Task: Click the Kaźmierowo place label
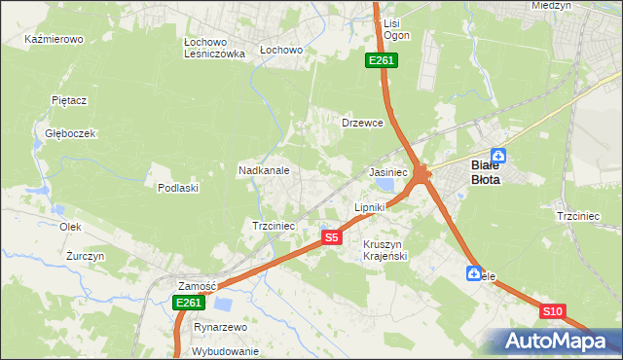point(55,40)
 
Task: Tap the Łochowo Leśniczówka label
point(214,49)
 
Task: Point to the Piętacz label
point(70,99)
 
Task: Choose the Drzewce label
point(362,124)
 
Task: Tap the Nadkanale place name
point(264,170)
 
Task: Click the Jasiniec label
point(388,172)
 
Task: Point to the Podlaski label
point(178,188)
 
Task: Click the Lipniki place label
point(370,208)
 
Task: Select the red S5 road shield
point(332,237)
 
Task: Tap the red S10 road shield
point(552,311)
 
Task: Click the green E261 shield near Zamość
point(188,304)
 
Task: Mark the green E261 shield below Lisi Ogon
point(381,61)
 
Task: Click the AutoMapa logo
point(553,342)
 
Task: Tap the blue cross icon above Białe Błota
point(498,155)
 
